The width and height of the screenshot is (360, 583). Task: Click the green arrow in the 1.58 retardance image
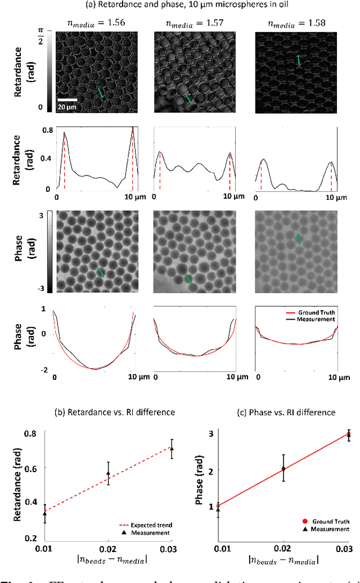click(299, 61)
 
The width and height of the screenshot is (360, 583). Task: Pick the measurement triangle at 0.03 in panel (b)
click(172, 449)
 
